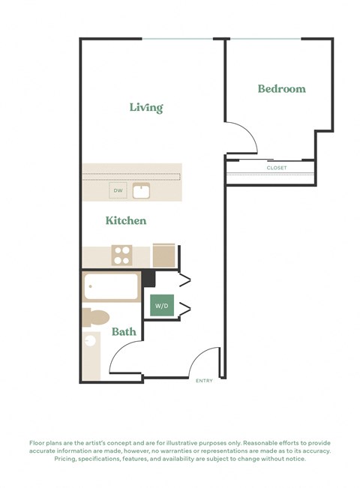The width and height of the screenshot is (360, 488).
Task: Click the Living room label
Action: click(x=145, y=107)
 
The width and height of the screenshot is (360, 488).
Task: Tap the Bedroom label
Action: click(x=281, y=88)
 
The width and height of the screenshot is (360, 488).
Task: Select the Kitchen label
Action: click(x=125, y=220)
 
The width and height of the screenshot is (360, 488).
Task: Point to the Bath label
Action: click(x=124, y=331)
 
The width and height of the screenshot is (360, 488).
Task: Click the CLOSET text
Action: click(x=276, y=168)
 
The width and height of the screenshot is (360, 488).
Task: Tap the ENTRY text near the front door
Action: click(x=204, y=381)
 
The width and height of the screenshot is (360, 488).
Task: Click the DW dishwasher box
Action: click(x=118, y=191)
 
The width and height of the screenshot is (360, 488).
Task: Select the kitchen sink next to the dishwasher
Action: click(x=141, y=191)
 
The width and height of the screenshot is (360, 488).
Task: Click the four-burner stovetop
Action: click(x=121, y=256)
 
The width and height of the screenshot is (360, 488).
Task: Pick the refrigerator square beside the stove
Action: click(x=163, y=255)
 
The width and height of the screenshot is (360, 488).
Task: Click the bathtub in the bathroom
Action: click(x=111, y=286)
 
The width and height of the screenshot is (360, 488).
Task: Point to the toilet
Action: click(x=95, y=317)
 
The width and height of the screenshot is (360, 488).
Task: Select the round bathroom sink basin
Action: click(x=90, y=342)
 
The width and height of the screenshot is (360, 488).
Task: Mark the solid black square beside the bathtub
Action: click(x=148, y=279)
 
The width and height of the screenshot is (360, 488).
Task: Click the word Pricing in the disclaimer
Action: click(x=67, y=459)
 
